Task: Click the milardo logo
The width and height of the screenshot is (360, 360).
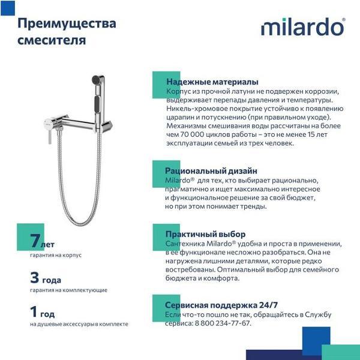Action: point(302,27)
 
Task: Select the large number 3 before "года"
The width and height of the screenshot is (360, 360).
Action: point(37,278)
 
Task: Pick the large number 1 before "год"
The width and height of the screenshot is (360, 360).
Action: point(35,313)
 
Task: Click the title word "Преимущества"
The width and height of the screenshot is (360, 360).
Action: point(66,25)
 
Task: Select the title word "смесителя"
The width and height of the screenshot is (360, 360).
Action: point(51,41)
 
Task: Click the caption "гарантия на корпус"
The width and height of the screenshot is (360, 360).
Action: point(55,255)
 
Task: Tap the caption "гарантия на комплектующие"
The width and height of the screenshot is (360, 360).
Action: point(68,290)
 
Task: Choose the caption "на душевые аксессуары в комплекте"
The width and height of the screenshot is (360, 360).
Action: point(79,324)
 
